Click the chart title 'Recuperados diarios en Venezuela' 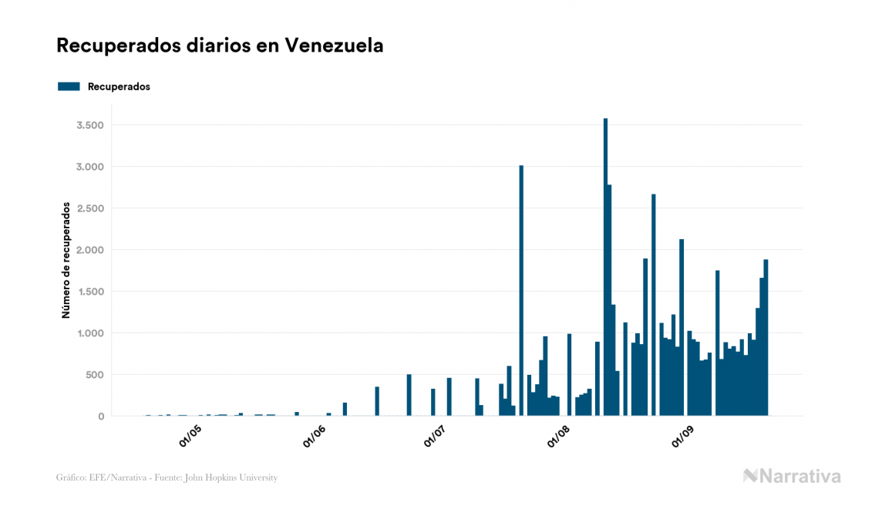(x=220, y=46)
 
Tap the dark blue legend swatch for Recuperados (x=69, y=86)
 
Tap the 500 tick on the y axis (x=93, y=375)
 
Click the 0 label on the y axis (x=100, y=417)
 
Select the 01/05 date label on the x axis (x=190, y=436)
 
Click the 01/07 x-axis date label (x=437, y=436)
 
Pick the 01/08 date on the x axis (x=560, y=436)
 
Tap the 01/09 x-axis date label (x=683, y=436)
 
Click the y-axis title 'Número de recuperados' (x=66, y=261)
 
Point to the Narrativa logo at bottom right (x=792, y=476)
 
